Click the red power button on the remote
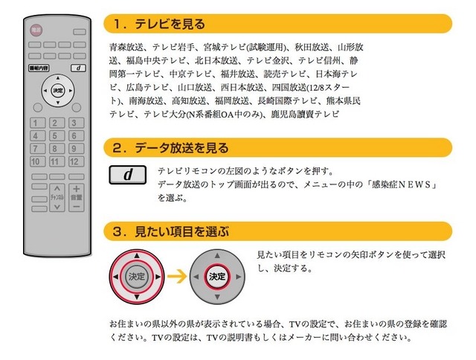click(36, 30)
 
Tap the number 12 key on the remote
click(76, 161)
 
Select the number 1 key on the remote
click(38, 123)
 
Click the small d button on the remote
click(78, 68)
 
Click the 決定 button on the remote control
click(58, 91)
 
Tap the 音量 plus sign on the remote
click(76, 189)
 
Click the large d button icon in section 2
click(127, 175)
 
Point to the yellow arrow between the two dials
click(177, 276)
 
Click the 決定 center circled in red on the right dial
click(217, 277)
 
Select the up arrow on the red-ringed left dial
click(137, 256)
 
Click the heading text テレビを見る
click(170, 24)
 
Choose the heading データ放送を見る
click(181, 148)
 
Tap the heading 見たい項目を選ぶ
click(181, 231)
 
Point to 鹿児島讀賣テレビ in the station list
click(305, 115)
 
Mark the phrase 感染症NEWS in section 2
click(402, 184)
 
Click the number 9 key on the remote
click(76, 149)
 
